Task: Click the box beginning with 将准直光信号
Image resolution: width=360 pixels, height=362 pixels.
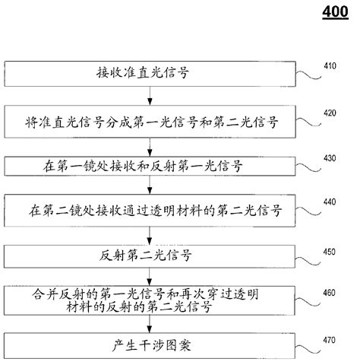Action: tap(153, 120)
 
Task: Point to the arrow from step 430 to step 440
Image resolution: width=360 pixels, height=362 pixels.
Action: tap(153, 185)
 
